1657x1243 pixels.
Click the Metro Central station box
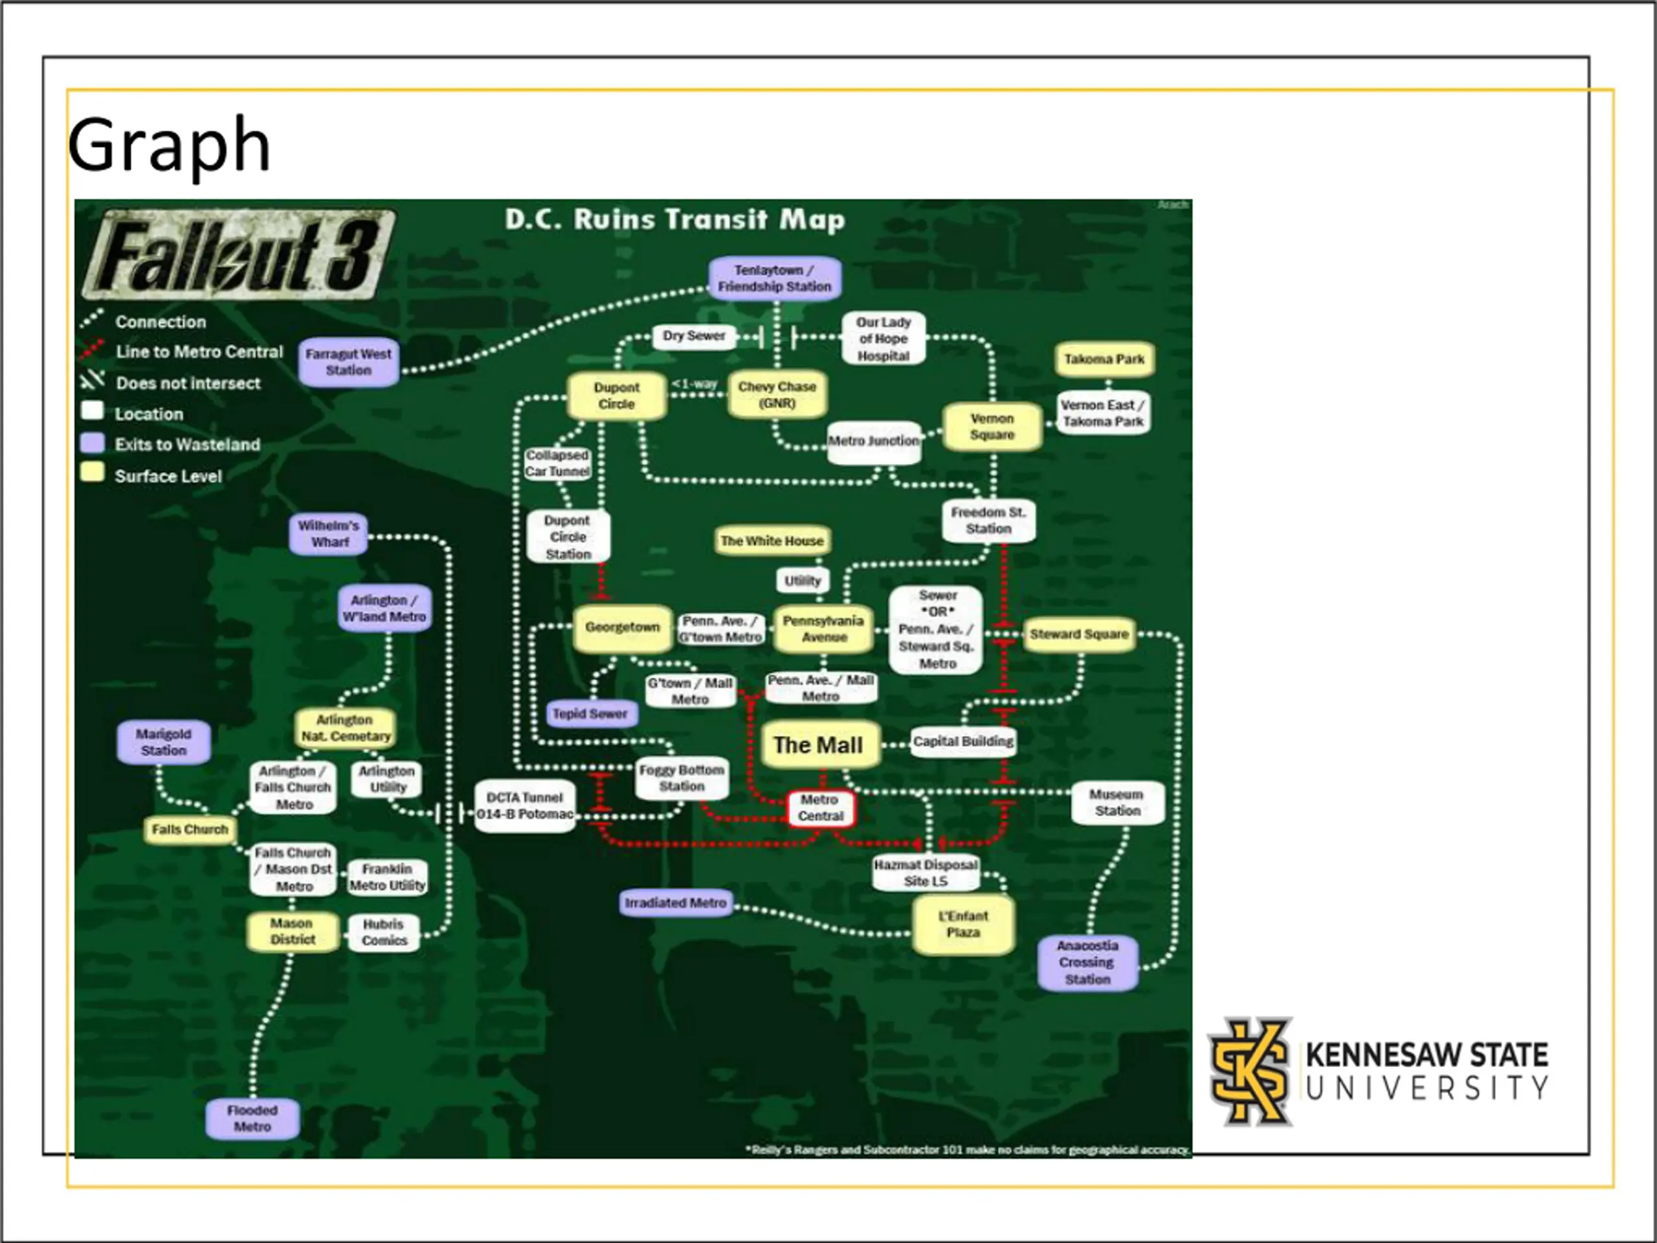[x=820, y=809]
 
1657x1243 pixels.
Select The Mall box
[x=819, y=745]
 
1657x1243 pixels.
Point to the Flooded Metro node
[x=252, y=1119]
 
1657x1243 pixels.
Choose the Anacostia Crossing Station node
[x=1087, y=963]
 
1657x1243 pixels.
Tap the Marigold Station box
[x=164, y=743]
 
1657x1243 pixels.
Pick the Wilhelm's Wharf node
[x=329, y=533]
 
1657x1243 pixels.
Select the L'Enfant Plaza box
[x=963, y=924]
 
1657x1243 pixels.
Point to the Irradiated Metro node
[x=676, y=904]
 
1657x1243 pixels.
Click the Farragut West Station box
[x=348, y=363]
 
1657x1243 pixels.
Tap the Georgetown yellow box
[x=623, y=628]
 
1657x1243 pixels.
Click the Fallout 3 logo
[x=238, y=254]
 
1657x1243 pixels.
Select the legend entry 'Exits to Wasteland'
[x=187, y=445]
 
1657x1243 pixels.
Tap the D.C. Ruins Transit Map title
[x=675, y=219]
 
